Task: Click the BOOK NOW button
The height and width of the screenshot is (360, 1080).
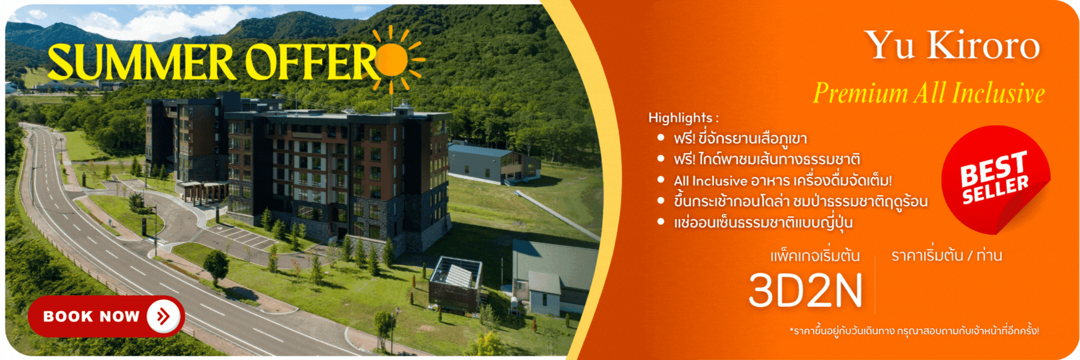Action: [106, 316]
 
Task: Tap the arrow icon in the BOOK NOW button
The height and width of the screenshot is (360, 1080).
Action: [163, 316]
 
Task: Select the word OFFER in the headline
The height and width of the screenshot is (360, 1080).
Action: [312, 62]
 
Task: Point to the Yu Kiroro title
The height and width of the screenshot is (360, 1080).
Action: [952, 45]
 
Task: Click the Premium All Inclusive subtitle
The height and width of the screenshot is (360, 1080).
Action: [929, 93]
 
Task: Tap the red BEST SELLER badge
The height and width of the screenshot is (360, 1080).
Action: [995, 179]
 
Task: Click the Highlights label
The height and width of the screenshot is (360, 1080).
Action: [683, 118]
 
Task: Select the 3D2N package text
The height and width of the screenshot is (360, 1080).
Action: [805, 290]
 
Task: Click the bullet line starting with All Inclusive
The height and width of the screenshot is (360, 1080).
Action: [782, 181]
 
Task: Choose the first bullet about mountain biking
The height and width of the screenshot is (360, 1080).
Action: [740, 139]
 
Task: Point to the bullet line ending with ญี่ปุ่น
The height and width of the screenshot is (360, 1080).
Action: [763, 223]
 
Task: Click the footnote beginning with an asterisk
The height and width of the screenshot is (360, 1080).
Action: [914, 331]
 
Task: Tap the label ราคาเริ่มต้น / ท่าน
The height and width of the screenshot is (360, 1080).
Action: [947, 256]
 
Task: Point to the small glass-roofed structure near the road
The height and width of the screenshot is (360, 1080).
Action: [456, 283]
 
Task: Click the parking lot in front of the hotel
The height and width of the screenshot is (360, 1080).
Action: [240, 237]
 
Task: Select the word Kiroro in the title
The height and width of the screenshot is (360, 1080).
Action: [984, 45]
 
